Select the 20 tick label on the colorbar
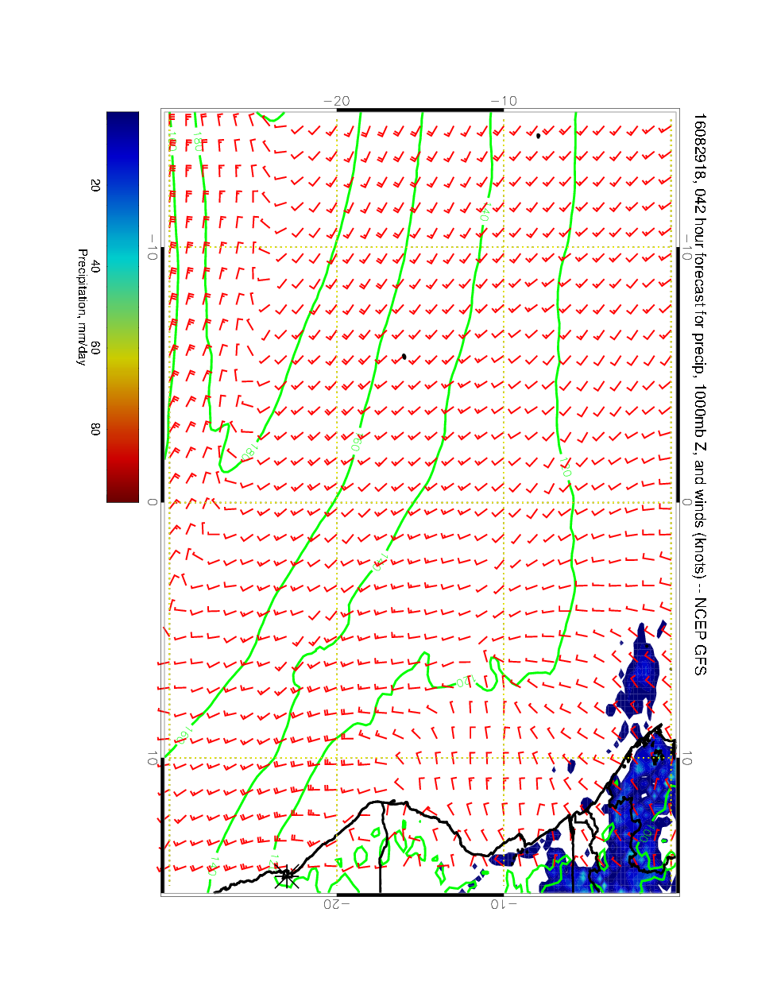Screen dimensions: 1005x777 point(95,185)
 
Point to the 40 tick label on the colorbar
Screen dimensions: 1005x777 point(95,267)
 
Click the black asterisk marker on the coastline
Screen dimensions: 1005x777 point(288,877)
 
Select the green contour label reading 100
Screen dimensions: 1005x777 point(647,833)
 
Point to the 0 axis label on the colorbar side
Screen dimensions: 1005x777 point(153,502)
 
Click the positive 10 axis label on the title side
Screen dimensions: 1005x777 point(687,759)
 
